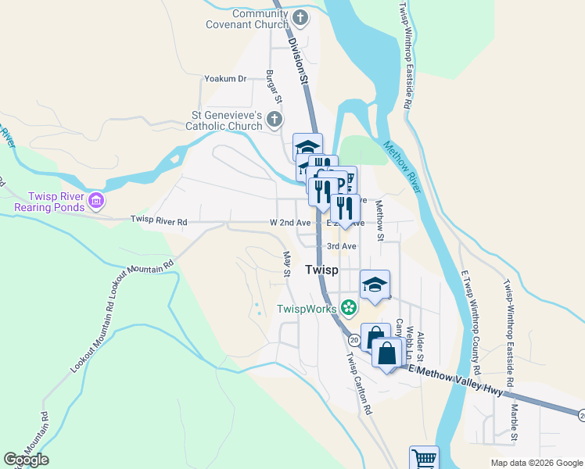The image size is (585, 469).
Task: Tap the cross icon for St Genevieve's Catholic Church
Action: point(274,120)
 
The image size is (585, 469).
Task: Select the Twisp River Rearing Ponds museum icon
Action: point(96,201)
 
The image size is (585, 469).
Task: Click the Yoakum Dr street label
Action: point(224,79)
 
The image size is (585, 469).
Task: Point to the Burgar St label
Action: point(273,87)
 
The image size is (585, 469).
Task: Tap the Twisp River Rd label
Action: point(159,222)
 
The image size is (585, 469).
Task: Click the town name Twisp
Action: point(321,270)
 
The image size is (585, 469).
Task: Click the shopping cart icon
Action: point(424,458)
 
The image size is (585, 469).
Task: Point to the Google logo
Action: point(26,460)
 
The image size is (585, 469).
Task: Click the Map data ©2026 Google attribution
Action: point(536,463)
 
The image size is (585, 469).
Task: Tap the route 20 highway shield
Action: point(354,340)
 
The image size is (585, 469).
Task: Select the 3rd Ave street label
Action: point(342,246)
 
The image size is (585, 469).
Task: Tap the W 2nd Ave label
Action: point(290,223)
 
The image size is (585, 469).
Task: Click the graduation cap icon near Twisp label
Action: point(375,285)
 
